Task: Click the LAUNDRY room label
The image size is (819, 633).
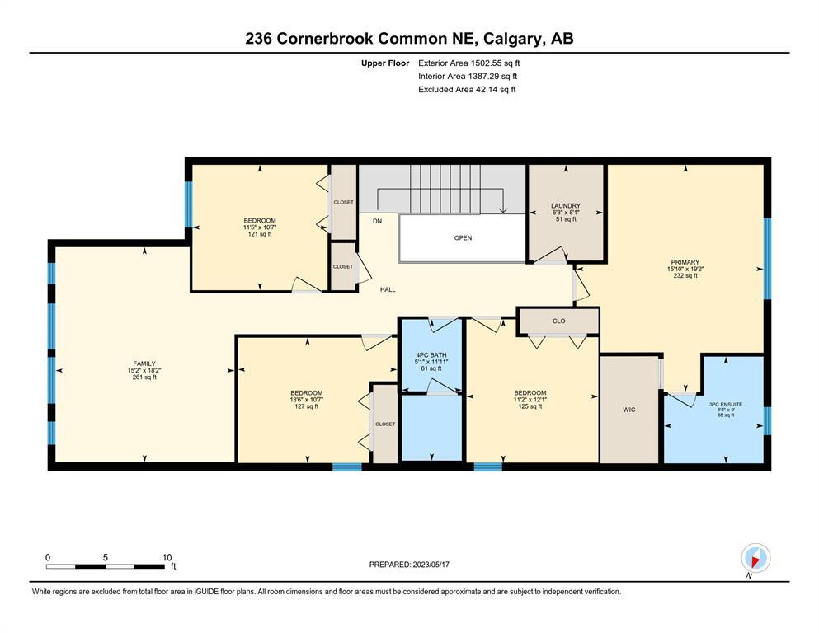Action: tap(566, 205)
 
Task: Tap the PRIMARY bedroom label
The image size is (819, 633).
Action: tap(685, 262)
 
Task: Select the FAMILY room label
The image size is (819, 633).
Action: tap(144, 363)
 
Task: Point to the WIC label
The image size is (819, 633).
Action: tap(628, 410)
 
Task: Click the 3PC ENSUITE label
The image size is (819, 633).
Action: tap(726, 404)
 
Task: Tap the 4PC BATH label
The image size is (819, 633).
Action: tap(431, 355)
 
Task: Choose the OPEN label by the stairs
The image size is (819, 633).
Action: tap(463, 237)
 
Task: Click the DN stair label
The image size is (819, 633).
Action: tap(377, 221)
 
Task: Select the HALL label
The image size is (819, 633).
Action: tap(388, 289)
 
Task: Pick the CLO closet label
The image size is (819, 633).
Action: tap(558, 321)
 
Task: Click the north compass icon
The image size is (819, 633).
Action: tap(755, 558)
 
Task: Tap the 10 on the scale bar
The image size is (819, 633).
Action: tap(167, 557)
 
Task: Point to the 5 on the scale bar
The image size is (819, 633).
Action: tap(105, 557)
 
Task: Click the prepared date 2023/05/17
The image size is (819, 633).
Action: tap(431, 565)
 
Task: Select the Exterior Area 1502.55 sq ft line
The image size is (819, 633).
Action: tap(469, 63)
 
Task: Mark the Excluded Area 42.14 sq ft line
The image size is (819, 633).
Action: tap(467, 89)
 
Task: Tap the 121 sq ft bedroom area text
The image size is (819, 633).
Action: tap(260, 234)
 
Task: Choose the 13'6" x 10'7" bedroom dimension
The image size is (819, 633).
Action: tap(307, 400)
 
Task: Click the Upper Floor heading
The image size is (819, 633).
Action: tap(385, 63)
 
